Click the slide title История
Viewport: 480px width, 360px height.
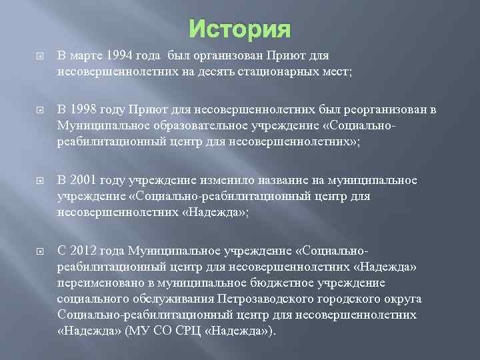pos(240,29)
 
